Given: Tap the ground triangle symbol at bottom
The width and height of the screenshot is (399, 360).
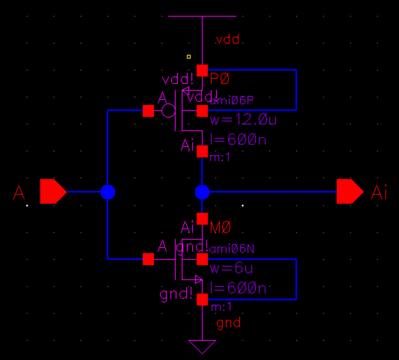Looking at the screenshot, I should [202, 347].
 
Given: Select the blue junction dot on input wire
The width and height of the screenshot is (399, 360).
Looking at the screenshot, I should [108, 192].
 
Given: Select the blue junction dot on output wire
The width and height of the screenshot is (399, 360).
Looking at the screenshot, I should [202, 192].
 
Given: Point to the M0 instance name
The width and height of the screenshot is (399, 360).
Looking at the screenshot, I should [220, 227].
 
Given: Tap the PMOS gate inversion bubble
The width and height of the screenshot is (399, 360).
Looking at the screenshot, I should [168, 111].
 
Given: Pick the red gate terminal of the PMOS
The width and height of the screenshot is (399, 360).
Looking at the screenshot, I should [148, 111].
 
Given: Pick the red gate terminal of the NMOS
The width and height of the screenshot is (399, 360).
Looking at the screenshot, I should [148, 259].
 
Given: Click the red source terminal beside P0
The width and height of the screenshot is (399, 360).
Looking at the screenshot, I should [202, 70].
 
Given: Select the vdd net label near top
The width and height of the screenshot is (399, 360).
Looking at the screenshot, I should [227, 40].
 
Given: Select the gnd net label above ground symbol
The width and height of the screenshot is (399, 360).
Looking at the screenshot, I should [228, 323].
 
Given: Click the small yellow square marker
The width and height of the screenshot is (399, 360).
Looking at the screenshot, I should [189, 56].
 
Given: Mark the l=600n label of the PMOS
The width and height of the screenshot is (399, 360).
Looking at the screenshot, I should [238, 140].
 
